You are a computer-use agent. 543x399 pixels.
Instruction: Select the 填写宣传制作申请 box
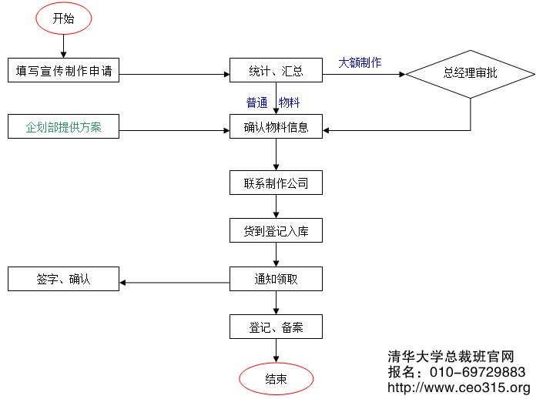[x=64, y=72]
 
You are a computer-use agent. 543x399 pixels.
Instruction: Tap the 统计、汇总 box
[x=276, y=72]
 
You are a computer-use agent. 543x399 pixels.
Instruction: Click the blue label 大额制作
[x=360, y=62]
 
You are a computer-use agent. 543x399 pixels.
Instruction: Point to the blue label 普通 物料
[x=273, y=102]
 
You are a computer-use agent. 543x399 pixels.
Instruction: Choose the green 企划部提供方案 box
[x=64, y=126]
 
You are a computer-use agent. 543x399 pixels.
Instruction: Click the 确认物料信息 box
[x=276, y=127]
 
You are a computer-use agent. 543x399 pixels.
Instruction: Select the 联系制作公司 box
[x=276, y=183]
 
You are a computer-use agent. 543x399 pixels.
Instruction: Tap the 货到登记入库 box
[x=276, y=230]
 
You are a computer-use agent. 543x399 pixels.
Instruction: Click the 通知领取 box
[x=276, y=279]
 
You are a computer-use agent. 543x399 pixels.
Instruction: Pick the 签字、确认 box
[x=64, y=279]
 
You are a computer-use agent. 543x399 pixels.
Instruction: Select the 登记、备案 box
[x=276, y=327]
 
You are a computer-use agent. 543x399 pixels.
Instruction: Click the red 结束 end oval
[x=277, y=378]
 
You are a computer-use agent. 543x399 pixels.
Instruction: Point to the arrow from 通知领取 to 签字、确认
[x=176, y=282]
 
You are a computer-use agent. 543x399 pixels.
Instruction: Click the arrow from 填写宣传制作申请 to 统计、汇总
[x=176, y=75]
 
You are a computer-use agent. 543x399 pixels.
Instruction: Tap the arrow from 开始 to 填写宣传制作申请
[x=63, y=47]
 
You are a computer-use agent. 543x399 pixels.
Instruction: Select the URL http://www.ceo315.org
[x=459, y=387]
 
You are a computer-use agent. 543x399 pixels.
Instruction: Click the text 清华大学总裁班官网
[x=451, y=357]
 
